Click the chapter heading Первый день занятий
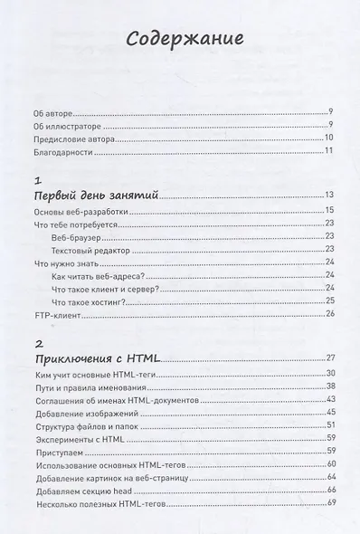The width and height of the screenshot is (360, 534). pyautogui.click(x=96, y=194)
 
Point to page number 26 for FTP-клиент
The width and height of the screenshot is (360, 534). pyautogui.click(x=330, y=313)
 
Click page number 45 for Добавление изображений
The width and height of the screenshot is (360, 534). pyautogui.click(x=330, y=413)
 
